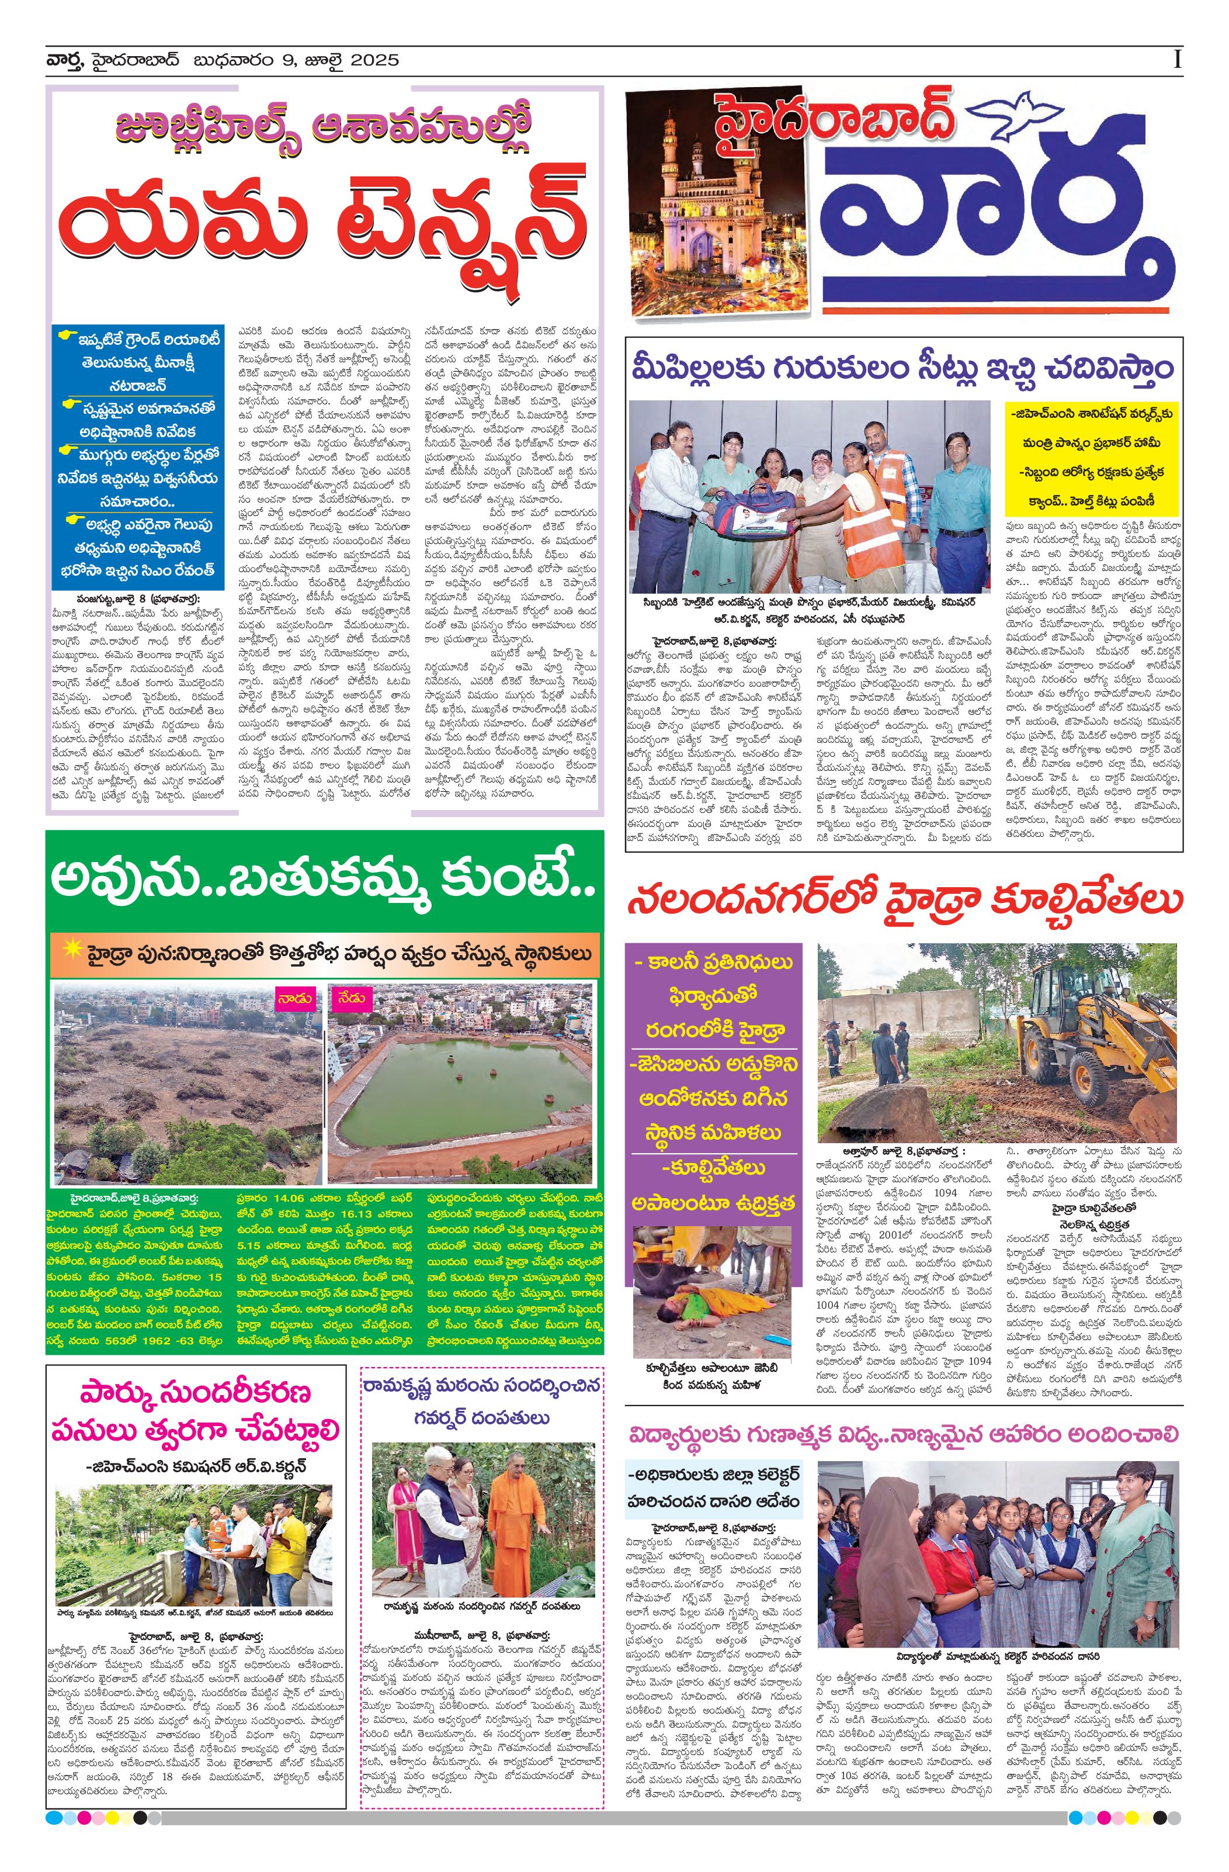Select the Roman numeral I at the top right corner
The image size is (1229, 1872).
[1176, 60]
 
